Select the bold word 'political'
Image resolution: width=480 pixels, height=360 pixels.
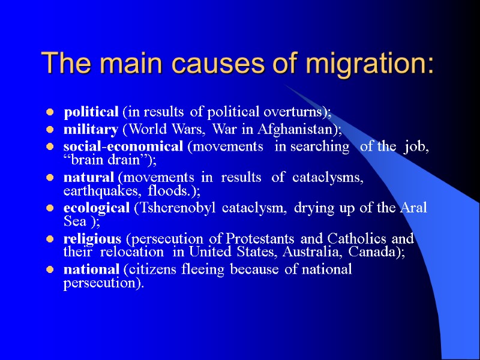pos(91,112)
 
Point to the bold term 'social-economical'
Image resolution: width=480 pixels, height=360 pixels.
pos(122,147)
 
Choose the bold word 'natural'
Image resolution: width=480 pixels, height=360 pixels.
pos(89,178)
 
